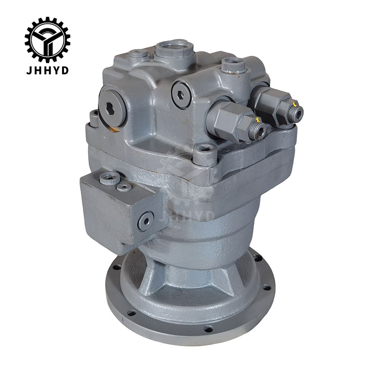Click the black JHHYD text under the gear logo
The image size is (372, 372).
pos(48,70)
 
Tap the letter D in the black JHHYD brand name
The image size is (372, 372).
pos(65,70)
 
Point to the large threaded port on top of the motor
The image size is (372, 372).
pos(174,49)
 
